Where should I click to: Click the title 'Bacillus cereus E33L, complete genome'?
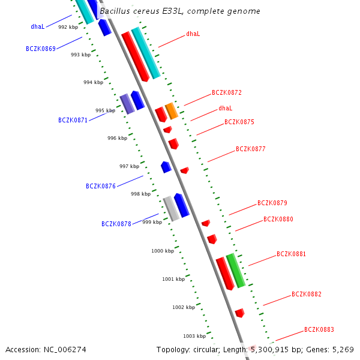pos(180,11)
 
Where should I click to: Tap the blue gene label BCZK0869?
pos(41,48)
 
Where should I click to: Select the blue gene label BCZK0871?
pos(73,120)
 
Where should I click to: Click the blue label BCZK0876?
pos(101,186)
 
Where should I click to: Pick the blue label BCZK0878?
pos(116,224)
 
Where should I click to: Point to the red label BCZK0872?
pos(227,93)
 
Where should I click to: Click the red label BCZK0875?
pos(239,122)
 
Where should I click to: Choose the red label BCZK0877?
pos(251,149)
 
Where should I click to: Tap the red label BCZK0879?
pos(272,203)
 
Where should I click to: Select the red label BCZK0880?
pos(278,219)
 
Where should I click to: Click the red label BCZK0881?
pos(292,254)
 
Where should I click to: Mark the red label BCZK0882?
pos(307,294)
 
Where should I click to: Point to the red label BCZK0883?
pos(319,329)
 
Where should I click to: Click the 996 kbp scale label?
pos(118,138)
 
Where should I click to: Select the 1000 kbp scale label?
pos(163,251)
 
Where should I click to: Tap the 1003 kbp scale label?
pos(194,336)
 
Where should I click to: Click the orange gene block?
pos(172,110)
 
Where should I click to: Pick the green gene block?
pos(236,271)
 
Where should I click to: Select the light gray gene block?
pos(172,209)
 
